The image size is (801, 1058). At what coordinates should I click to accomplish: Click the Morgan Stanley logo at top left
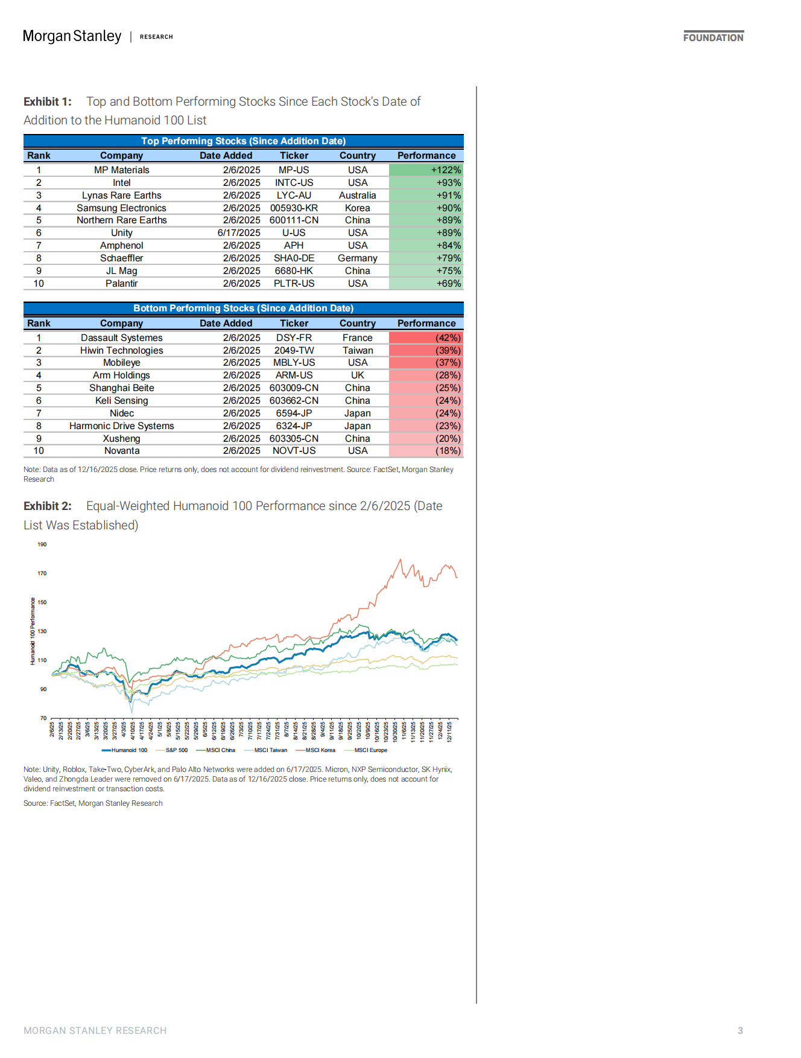[x=72, y=36]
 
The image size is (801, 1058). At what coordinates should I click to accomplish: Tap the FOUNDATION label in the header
[x=713, y=37]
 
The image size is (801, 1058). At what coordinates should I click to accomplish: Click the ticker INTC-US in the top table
[x=294, y=183]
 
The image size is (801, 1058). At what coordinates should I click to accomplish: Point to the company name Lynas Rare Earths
[x=121, y=196]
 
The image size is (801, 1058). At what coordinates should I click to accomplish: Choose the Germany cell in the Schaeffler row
[x=357, y=258]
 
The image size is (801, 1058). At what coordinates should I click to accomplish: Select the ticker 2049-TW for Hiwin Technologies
[x=294, y=351]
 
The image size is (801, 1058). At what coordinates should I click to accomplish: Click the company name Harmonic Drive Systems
[x=121, y=426]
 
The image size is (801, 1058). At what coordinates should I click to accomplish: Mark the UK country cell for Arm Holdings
[x=357, y=375]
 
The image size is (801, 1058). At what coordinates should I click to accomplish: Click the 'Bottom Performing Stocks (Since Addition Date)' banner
[x=243, y=308]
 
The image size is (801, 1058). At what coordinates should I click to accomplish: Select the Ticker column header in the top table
[x=294, y=156]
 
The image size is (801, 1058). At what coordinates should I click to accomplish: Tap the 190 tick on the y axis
[x=42, y=544]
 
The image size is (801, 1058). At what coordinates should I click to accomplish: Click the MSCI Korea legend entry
[x=320, y=750]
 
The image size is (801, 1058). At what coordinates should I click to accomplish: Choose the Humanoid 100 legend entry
[x=128, y=750]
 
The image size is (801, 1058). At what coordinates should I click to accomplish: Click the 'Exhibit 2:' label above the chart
[x=48, y=506]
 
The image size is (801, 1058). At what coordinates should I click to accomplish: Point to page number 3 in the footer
[x=740, y=1031]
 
